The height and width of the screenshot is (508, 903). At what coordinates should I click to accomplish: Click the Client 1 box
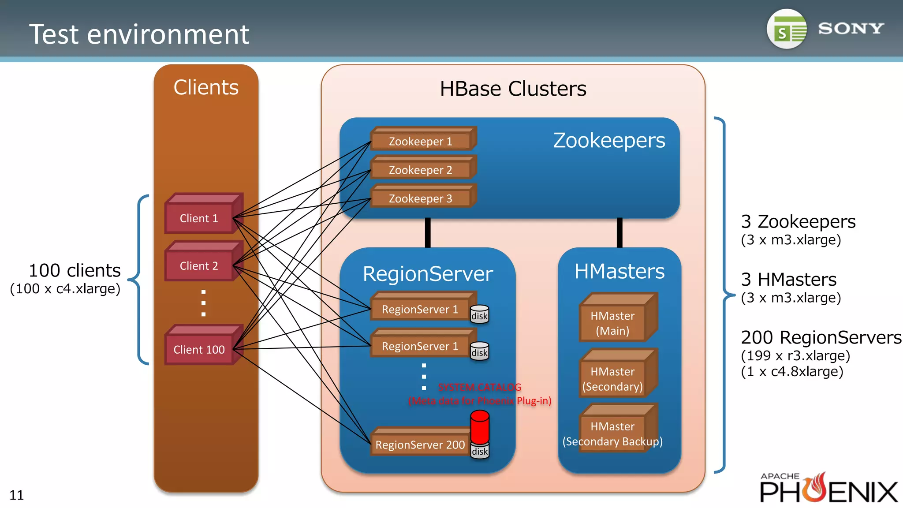(x=199, y=218)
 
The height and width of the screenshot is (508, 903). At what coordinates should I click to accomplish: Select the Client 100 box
(x=199, y=349)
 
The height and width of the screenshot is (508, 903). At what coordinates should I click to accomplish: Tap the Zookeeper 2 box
(x=421, y=170)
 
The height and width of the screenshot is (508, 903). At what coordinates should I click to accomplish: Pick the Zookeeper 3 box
(x=421, y=198)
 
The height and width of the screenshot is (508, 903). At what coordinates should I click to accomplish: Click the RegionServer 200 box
(x=420, y=444)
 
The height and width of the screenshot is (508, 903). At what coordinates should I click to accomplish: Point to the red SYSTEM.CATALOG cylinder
(x=480, y=427)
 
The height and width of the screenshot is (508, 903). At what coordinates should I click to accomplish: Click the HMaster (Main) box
(x=613, y=323)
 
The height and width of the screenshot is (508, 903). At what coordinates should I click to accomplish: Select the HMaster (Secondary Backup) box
(x=613, y=434)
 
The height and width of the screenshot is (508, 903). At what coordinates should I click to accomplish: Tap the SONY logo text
(x=851, y=29)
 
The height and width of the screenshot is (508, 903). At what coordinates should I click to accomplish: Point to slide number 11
(x=16, y=495)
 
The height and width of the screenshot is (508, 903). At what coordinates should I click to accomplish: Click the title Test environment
(x=139, y=34)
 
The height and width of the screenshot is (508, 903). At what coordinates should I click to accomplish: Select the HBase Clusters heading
(x=513, y=89)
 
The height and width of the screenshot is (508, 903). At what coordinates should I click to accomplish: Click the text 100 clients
(x=75, y=270)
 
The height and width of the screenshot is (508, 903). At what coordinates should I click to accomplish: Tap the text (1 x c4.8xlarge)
(x=792, y=372)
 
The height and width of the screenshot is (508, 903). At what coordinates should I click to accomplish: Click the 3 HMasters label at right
(x=788, y=280)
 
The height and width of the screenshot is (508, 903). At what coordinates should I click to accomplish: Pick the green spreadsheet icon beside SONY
(x=787, y=29)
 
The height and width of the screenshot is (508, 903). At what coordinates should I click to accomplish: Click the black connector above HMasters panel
(x=619, y=232)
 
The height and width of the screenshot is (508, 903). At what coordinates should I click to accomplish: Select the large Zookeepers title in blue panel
(x=609, y=141)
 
